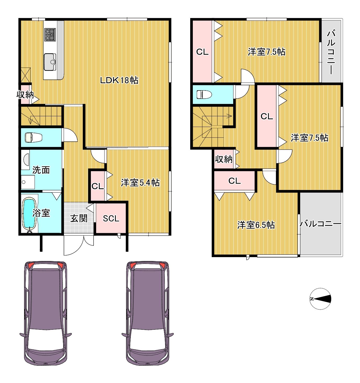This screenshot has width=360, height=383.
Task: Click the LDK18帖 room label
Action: tap(119, 80)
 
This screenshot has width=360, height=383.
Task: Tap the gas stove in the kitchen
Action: tap(50, 35)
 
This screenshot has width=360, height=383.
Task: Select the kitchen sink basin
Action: tap(50, 62)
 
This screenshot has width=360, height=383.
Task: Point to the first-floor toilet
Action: tap(34, 137)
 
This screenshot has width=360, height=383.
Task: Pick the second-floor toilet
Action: tap(204, 94)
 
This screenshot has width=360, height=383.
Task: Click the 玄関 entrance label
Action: tap(79, 218)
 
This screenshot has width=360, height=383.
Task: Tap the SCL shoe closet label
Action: tap(111, 219)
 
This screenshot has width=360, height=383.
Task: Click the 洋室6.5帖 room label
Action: tap(256, 225)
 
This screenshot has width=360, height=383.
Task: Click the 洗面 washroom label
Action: tap(41, 170)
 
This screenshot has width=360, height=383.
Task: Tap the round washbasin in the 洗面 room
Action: tap(26, 159)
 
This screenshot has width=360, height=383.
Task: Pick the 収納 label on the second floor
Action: tap(224, 159)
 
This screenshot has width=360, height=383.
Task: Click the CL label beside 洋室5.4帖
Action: tap(98, 186)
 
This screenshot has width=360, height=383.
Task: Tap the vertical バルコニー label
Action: tap(331, 52)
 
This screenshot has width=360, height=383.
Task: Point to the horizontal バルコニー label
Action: tap(320, 224)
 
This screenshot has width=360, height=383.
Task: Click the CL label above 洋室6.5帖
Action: tap(234, 181)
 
